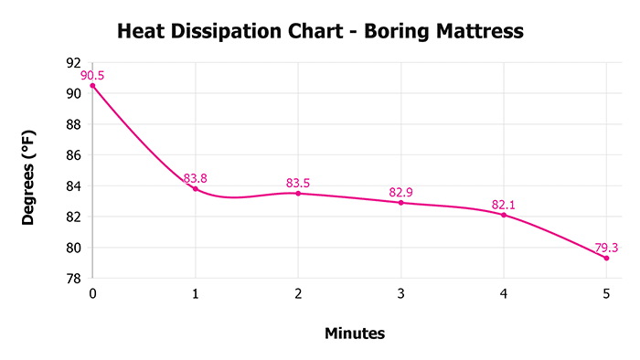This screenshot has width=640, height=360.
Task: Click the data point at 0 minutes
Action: click(92, 86)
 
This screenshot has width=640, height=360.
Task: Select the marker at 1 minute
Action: click(195, 189)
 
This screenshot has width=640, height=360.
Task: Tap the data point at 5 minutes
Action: click(606, 258)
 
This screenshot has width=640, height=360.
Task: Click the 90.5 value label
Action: click(92, 75)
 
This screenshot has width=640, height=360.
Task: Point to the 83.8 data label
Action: click(195, 178)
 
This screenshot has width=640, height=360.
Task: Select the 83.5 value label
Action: click(298, 182)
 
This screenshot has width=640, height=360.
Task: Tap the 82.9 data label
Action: click(401, 191)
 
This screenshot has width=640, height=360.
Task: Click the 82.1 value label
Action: click(504, 204)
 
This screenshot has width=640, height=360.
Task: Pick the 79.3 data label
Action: click(606, 247)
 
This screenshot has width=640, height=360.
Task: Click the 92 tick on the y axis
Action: click(74, 62)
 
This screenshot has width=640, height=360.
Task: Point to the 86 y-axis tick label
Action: click(74, 155)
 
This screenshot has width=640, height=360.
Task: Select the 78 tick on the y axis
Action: click(74, 279)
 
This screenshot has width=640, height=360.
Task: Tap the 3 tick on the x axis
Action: click(400, 293)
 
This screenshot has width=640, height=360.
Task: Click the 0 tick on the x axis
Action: click(92, 293)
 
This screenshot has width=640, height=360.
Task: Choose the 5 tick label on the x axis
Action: click(606, 293)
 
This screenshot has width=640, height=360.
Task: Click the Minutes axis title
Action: click(355, 334)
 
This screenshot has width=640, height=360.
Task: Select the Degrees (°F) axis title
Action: click(29, 172)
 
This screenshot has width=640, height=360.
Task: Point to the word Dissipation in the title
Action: click(232, 33)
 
